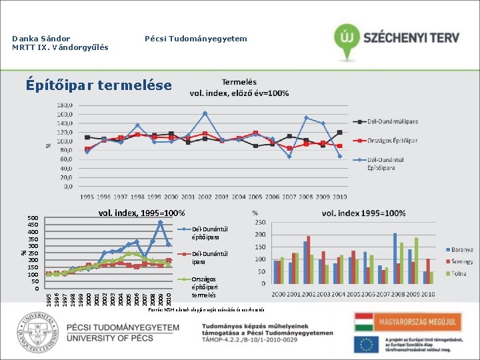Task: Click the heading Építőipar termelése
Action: (x=98, y=85)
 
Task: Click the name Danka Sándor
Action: (x=41, y=39)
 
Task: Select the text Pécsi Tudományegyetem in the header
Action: (x=196, y=39)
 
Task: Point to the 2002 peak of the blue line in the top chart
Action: (x=205, y=113)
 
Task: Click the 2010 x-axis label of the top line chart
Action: (x=339, y=197)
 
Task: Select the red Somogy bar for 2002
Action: (x=309, y=259)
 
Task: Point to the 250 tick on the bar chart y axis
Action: (x=260, y=223)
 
